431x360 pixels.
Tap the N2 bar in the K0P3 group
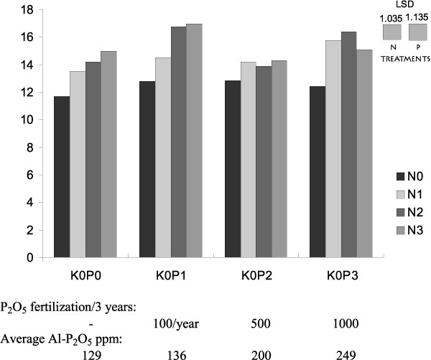(x=349, y=144)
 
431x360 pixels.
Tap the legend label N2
(x=417, y=211)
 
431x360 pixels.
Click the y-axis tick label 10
(x=27, y=120)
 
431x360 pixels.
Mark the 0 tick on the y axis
(x=31, y=257)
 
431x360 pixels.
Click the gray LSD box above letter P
(x=418, y=32)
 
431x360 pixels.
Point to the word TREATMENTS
(x=404, y=55)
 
